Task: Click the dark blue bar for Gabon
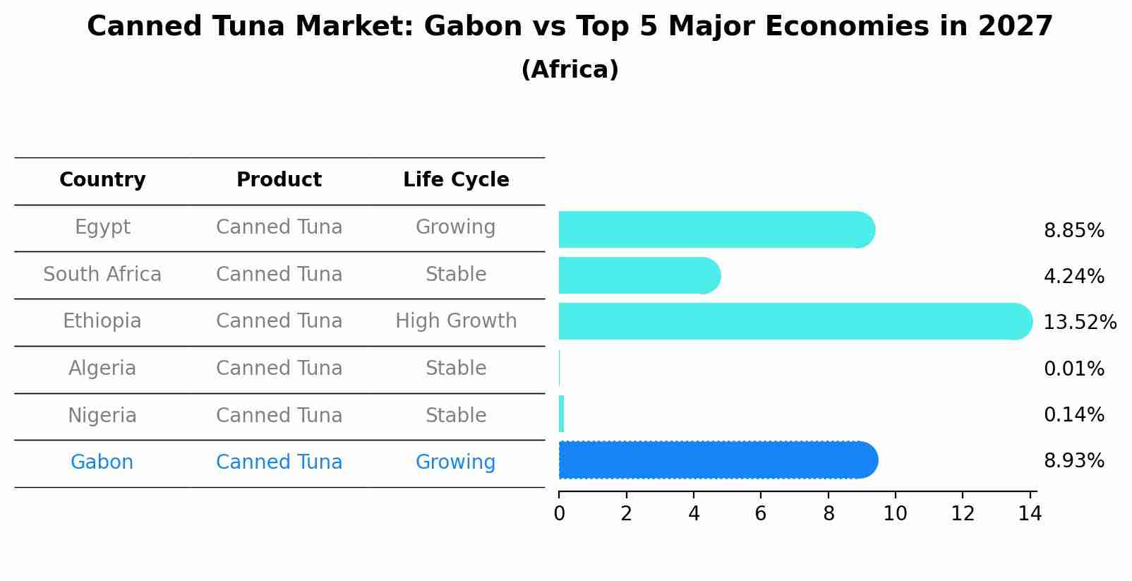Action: pos(716,460)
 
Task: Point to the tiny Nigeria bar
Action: pos(562,414)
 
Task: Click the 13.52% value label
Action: pos(1079,323)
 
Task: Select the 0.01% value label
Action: pos(1073,369)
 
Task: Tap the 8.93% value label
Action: pos(1073,461)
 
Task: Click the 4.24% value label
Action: pos(1073,276)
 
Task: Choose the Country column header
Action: pos(102,180)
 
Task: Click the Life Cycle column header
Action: pos(456,180)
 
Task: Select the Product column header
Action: pos(279,180)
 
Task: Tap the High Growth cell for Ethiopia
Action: pos(456,321)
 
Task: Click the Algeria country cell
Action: pos(102,369)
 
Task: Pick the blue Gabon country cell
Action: pos(102,462)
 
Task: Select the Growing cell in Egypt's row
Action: pos(456,227)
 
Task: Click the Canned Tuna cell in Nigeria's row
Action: pos(279,415)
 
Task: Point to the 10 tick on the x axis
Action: pos(895,514)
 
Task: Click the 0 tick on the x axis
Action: pos(559,514)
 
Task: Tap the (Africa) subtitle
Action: pos(570,70)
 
